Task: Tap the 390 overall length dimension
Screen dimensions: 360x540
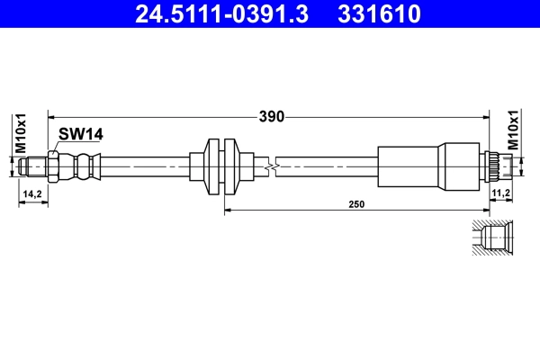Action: point(272,116)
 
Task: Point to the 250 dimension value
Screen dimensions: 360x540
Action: point(356,205)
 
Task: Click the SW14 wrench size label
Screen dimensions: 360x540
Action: point(81,134)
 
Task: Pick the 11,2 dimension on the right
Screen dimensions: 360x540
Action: point(501,193)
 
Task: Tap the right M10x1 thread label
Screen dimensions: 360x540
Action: point(514,129)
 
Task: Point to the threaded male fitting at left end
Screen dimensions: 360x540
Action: point(33,166)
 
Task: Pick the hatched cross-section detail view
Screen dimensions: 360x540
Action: point(493,238)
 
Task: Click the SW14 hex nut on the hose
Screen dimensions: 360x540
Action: point(56,166)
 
